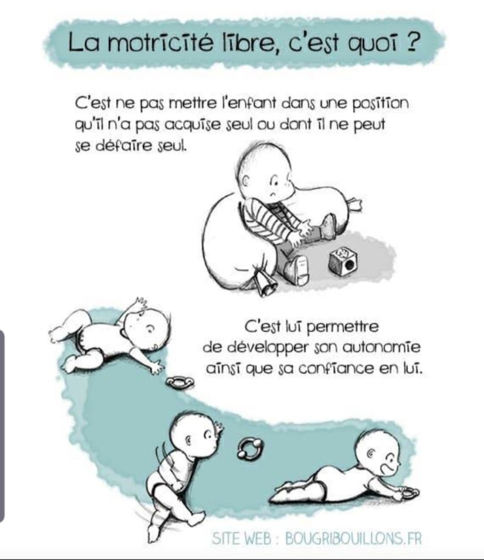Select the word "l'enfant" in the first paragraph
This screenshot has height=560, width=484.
249,103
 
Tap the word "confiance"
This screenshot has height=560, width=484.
336,369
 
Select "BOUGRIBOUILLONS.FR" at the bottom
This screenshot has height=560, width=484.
353,538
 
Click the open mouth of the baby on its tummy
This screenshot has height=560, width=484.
385,468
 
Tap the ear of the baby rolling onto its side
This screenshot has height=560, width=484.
188,440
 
